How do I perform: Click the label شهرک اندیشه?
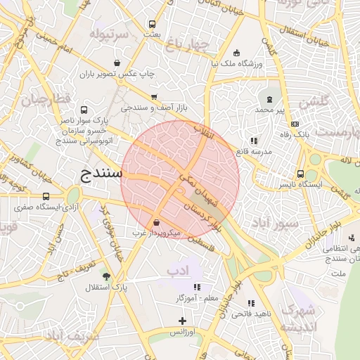[298, 319]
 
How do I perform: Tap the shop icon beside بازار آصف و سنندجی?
[154, 97]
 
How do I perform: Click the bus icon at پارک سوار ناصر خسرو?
[84, 110]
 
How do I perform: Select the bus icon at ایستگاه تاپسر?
[300, 174]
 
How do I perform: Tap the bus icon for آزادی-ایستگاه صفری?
[46, 196]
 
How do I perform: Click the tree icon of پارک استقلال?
[106, 276]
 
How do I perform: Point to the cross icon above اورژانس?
[183, 321]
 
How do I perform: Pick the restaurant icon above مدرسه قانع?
[253, 141]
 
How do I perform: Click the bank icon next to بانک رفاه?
[295, 124]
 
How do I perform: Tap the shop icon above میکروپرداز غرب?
[155, 221]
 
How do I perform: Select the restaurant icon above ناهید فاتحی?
[251, 303]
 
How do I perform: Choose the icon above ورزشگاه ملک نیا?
[236, 53]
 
